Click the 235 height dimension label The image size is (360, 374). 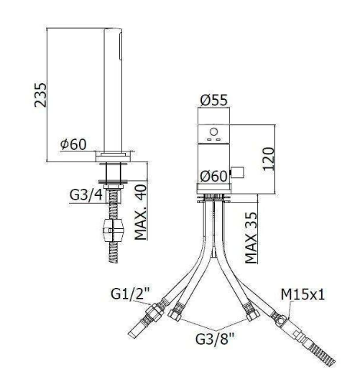coord(40,95)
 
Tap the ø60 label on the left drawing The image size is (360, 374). coord(73,144)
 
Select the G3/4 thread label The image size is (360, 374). coord(86,195)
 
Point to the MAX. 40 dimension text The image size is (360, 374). coord(141,212)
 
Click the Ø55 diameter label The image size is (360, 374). coord(213,100)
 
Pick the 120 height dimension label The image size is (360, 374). coord(268,159)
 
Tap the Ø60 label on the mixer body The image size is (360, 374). coord(213,176)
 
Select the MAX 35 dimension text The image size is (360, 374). coord(251,238)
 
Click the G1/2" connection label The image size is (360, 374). coord(130,293)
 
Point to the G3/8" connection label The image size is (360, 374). coord(215,339)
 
